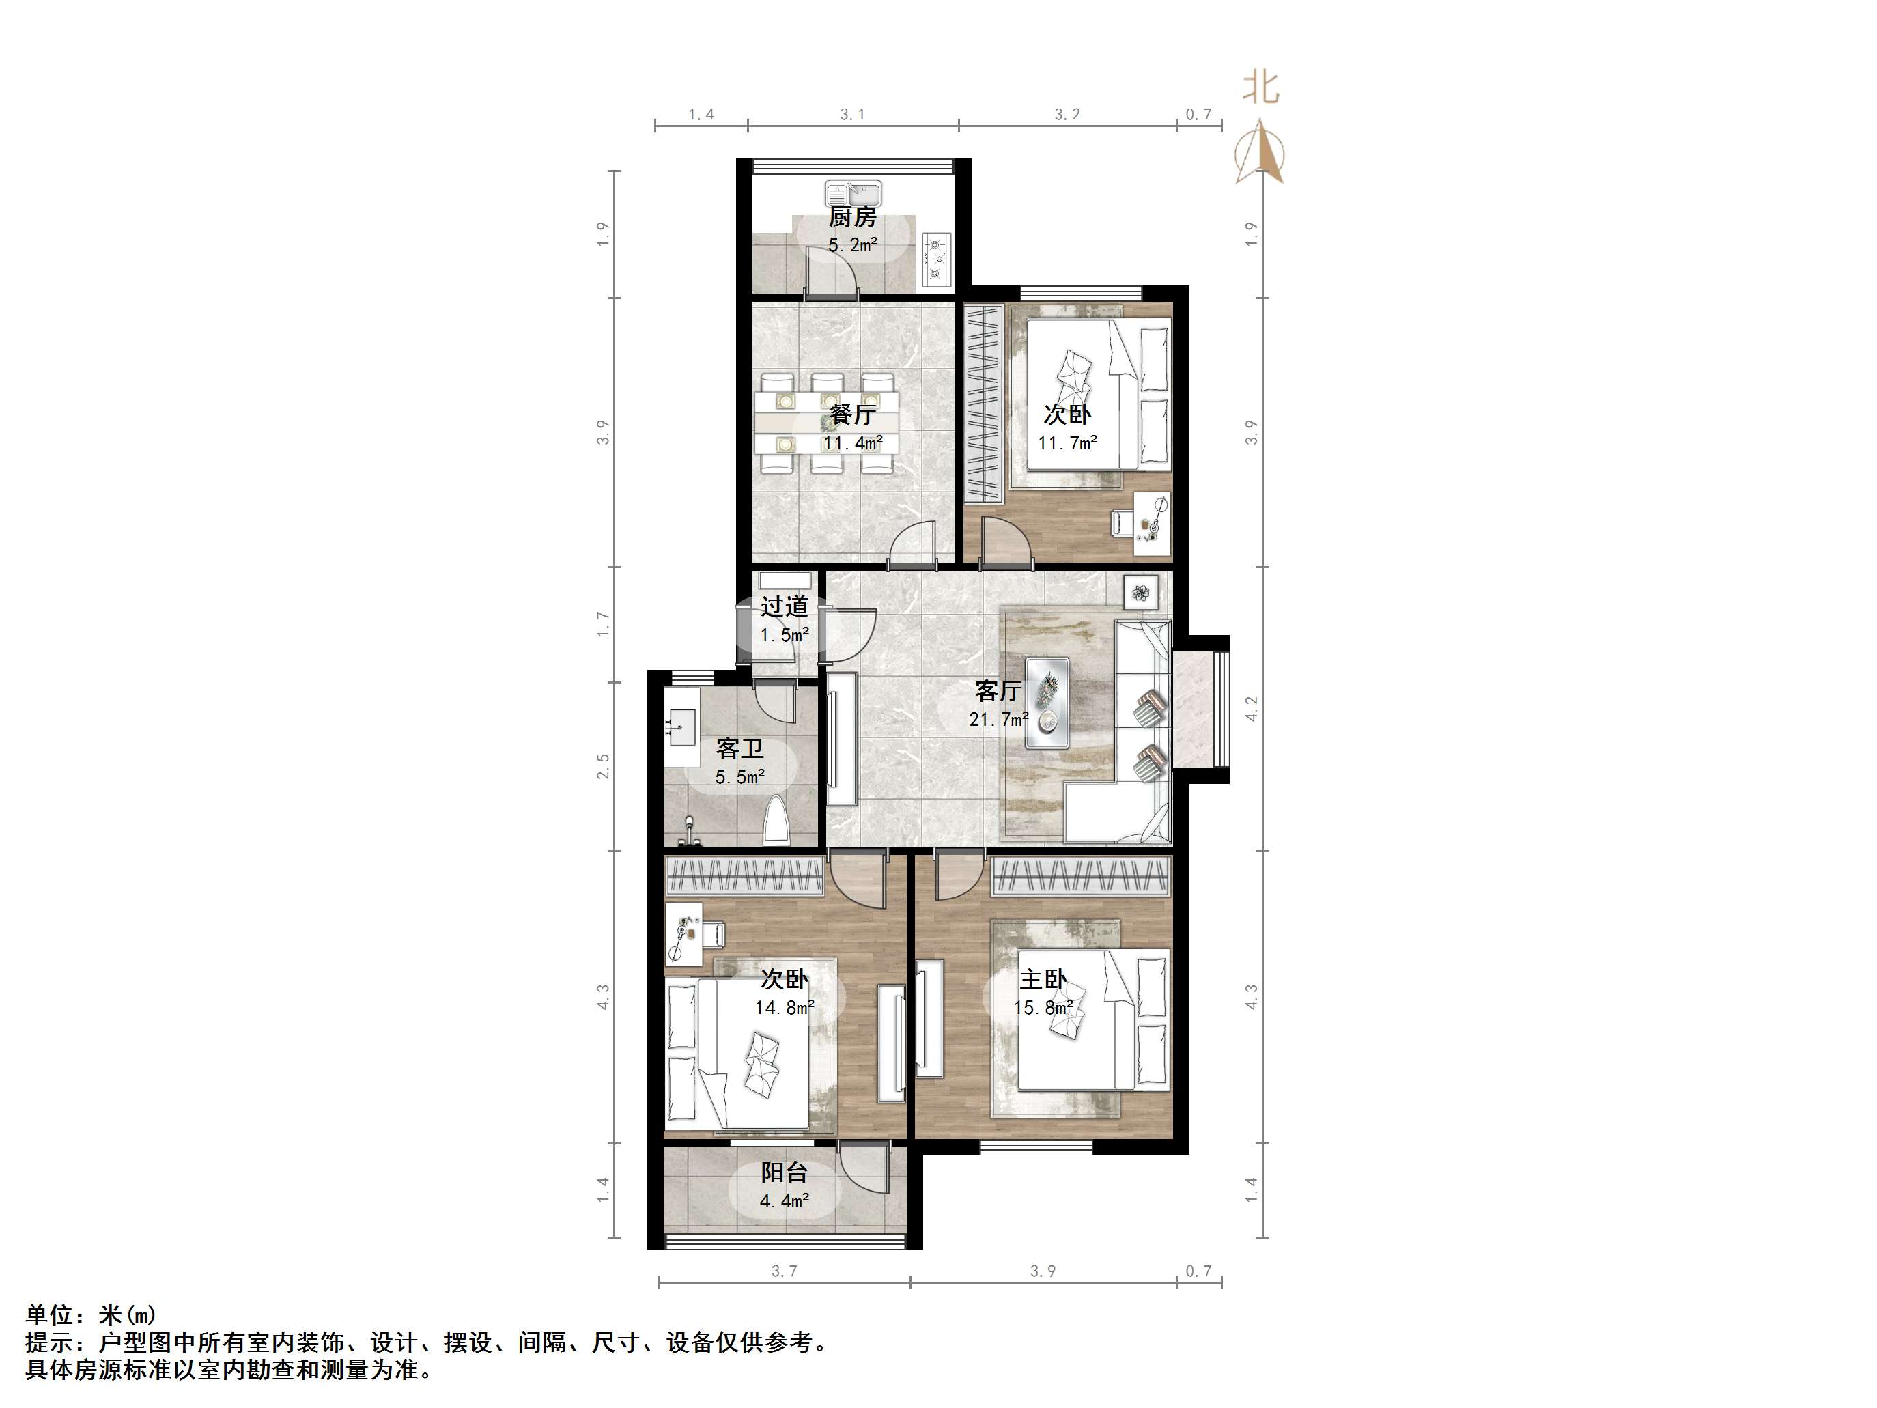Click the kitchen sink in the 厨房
pos(853,193)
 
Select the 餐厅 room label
pos(853,414)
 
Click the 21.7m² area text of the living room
pos(999,719)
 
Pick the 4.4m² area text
pos(783,1200)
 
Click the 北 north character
pos(1261,87)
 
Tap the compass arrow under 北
pos(1260,154)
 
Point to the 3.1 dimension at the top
pos(852,115)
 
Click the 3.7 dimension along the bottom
pos(784,1271)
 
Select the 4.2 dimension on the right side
pos(1252,709)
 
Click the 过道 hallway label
pos(783,606)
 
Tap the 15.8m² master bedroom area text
pos(1043,1007)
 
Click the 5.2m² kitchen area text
pos(853,245)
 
